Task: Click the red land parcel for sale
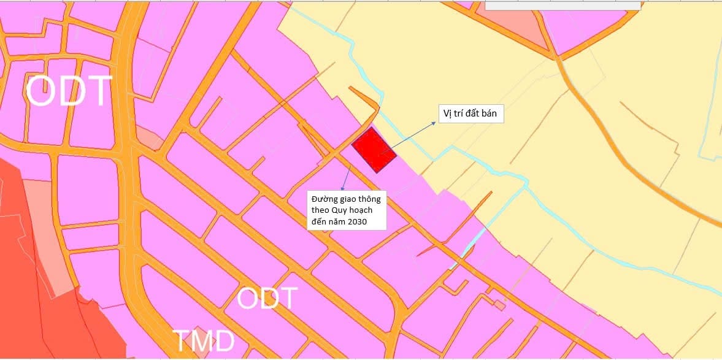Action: coord(374,150)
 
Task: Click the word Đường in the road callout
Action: coord(323,199)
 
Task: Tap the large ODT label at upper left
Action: coord(69,91)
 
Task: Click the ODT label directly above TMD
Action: coord(267,299)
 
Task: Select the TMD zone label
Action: coord(204,341)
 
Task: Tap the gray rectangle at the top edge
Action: coord(562,5)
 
